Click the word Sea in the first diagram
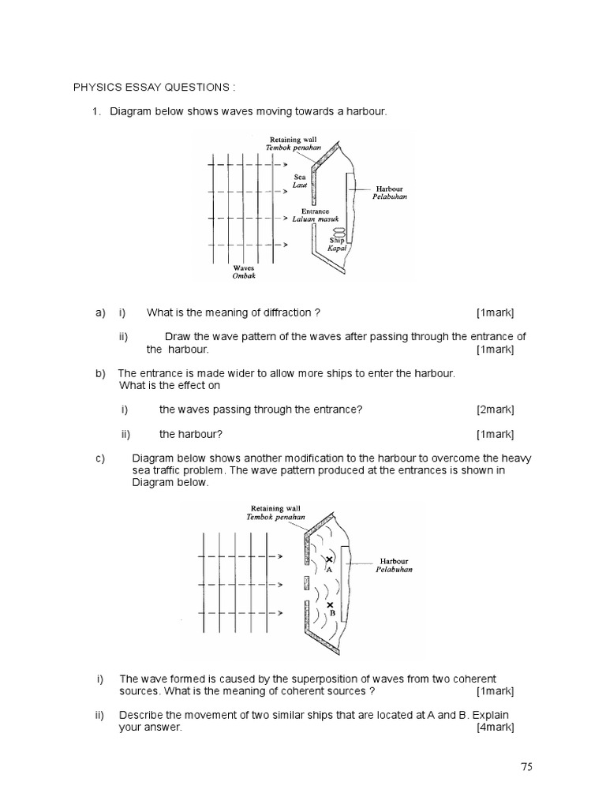click(x=300, y=178)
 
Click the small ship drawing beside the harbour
click(x=339, y=231)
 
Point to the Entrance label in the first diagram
click(x=309, y=211)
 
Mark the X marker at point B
click(x=330, y=604)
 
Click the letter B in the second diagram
click(x=331, y=613)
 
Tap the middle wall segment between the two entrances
click(x=305, y=584)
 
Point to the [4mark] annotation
click(x=495, y=728)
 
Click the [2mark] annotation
click(x=495, y=410)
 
